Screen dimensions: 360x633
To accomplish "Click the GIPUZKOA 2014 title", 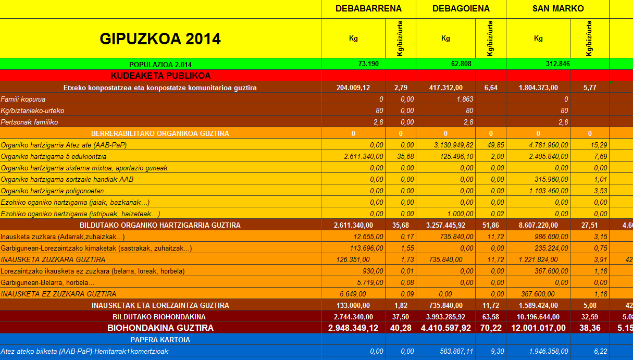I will [160, 39].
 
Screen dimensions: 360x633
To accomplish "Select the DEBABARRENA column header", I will [368, 8].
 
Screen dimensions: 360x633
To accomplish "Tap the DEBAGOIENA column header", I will [461, 8].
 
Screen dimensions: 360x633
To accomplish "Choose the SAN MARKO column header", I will [558, 8].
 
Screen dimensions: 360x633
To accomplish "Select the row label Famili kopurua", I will [23, 99].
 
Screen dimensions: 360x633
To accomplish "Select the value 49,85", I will [490, 145].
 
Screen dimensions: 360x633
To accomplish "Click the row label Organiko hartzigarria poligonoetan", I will [52, 191].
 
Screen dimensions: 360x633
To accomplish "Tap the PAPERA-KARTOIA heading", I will [160, 340].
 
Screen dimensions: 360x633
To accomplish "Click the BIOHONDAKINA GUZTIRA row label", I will [160, 328].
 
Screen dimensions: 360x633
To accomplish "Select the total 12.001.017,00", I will [538, 328].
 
